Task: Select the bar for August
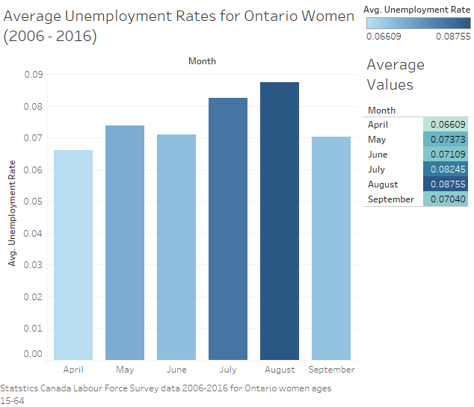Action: (x=280, y=221)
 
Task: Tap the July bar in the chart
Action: (x=228, y=229)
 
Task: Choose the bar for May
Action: (x=125, y=243)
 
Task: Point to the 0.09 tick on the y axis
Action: (x=33, y=74)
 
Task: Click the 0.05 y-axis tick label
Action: (x=33, y=202)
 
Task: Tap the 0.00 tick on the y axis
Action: (x=33, y=354)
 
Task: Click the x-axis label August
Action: (x=280, y=370)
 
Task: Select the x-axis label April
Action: (x=73, y=370)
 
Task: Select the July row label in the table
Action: (x=378, y=170)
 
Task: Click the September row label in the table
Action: (x=391, y=199)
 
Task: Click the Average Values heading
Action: (x=395, y=75)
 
